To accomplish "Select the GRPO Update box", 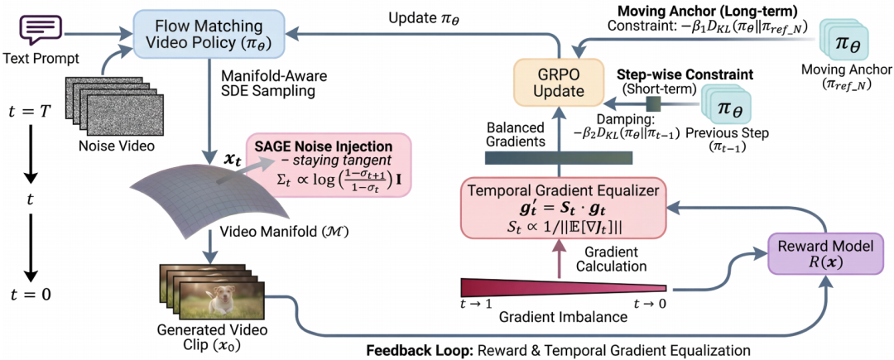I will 549,84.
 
